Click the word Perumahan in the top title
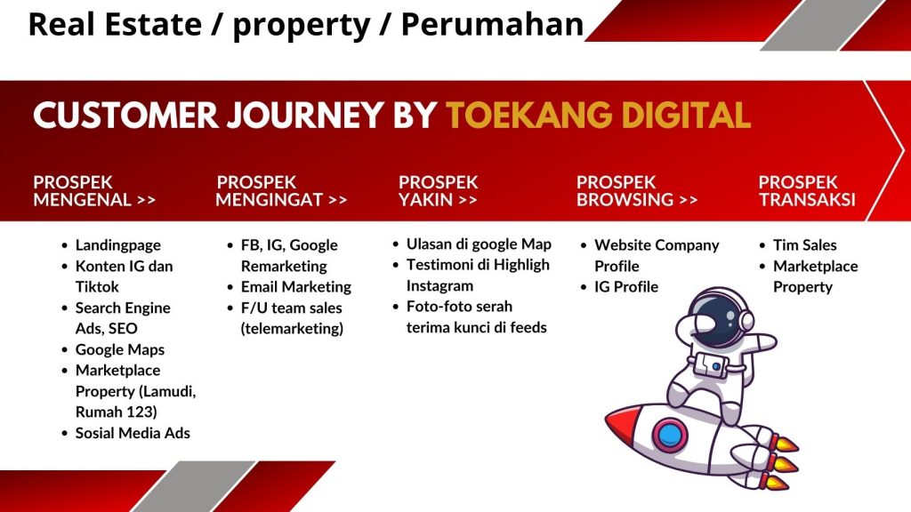tap(492, 24)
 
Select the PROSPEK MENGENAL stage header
tap(94, 191)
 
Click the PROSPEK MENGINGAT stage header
tap(281, 191)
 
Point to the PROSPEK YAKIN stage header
tap(438, 191)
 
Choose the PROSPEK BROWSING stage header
tap(637, 191)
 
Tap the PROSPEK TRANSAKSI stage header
tap(807, 191)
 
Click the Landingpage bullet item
tap(118, 245)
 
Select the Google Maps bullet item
tap(120, 349)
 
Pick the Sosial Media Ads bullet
tap(133, 433)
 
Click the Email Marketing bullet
tap(295, 287)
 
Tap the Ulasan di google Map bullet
tap(479, 244)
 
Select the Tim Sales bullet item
tap(804, 245)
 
